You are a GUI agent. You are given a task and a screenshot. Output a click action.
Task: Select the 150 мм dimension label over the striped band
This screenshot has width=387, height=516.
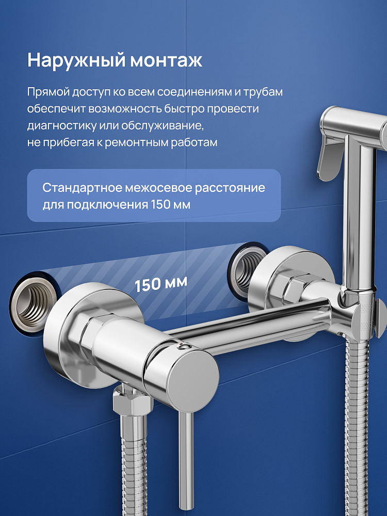[161, 284]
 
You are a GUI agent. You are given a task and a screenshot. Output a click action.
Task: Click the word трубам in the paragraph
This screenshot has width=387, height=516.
[263, 92]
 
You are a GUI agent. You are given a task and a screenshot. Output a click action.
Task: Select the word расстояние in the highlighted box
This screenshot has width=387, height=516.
[230, 188]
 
